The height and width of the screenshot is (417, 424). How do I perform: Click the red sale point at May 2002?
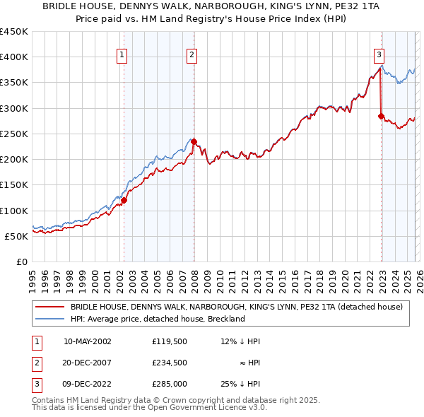pyautogui.click(x=124, y=200)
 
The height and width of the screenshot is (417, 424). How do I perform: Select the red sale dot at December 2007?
pyautogui.click(x=194, y=141)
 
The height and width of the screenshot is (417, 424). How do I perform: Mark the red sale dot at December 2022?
pyautogui.click(x=381, y=116)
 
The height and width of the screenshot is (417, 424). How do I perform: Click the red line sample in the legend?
pyautogui.click(x=51, y=307)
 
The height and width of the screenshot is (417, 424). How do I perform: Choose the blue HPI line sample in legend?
pyautogui.click(x=51, y=319)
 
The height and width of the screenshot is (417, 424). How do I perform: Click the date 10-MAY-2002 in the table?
pyautogui.click(x=87, y=341)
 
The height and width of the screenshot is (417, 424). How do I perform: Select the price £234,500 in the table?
pyautogui.click(x=170, y=363)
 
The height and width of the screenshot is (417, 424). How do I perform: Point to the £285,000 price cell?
pyautogui.click(x=170, y=384)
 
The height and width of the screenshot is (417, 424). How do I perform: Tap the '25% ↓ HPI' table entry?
pyautogui.click(x=240, y=384)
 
